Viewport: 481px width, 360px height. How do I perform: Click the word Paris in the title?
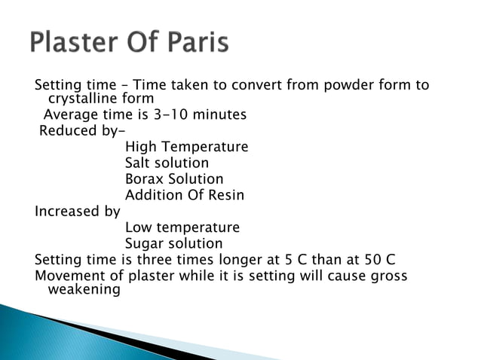coord(190,43)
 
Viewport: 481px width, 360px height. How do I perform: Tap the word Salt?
coord(139,163)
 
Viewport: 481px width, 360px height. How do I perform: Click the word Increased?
coord(67,212)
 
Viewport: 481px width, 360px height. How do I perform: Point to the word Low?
coord(138,227)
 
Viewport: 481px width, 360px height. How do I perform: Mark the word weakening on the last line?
coord(84,290)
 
